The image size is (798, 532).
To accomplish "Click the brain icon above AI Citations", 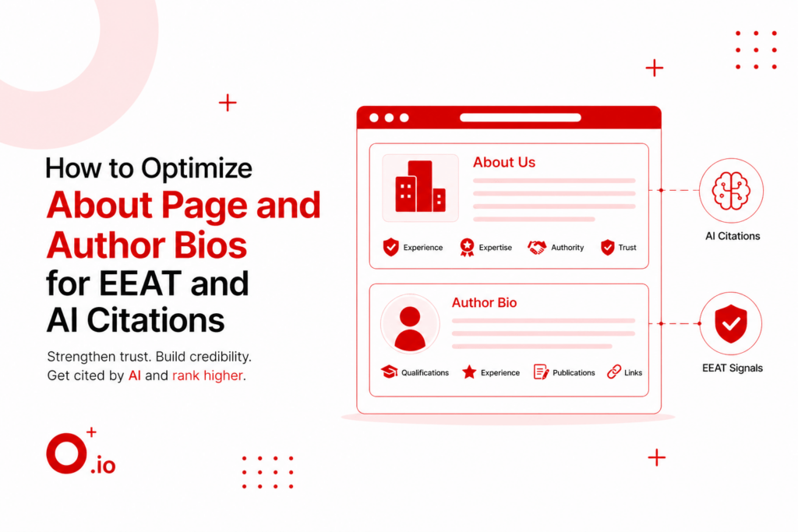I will (731, 191).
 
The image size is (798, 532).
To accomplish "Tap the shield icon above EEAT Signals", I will (731, 323).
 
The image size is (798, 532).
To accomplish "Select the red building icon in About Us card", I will (420, 188).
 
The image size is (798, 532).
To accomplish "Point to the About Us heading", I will (504, 163).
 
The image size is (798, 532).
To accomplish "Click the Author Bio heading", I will (484, 302).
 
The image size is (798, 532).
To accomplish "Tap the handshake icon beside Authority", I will (537, 248).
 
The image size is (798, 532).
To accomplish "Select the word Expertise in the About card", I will (496, 248).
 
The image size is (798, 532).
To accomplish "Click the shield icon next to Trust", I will (608, 248).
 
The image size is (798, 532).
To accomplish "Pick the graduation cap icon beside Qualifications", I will (389, 372).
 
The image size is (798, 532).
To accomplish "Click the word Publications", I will (574, 373).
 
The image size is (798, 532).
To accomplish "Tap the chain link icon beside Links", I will (613, 372).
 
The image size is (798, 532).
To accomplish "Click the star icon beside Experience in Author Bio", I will (469, 372).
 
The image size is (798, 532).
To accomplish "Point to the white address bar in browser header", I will (520, 118).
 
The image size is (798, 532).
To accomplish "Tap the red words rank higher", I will (208, 376).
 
